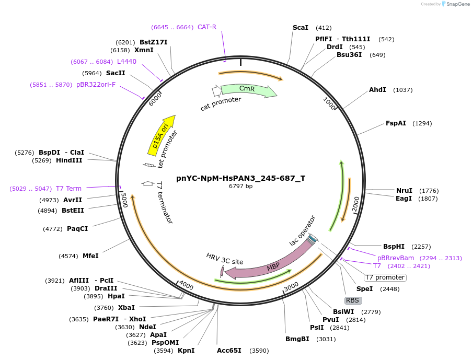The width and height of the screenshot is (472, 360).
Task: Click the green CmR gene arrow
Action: tap(248, 89)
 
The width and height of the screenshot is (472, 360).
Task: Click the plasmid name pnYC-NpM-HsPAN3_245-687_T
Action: tap(240, 178)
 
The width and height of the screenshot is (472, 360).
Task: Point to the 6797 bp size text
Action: tap(240, 186)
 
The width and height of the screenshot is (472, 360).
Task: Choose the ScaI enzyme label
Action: tap(301, 28)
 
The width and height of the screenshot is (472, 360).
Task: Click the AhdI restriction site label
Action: tap(377, 90)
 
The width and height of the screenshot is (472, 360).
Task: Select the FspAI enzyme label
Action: tap(396, 123)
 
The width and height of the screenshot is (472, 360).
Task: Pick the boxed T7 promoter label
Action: tap(385, 277)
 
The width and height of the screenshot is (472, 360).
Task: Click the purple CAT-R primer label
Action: tap(207, 27)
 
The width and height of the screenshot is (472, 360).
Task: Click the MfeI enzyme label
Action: tap(90, 256)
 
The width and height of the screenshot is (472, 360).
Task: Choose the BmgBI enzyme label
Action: tap(297, 339)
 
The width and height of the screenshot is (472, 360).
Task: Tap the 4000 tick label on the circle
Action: tap(186, 286)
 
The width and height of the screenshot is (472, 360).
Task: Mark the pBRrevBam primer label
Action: tap(396, 258)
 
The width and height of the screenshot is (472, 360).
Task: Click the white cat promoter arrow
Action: tap(216, 91)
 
